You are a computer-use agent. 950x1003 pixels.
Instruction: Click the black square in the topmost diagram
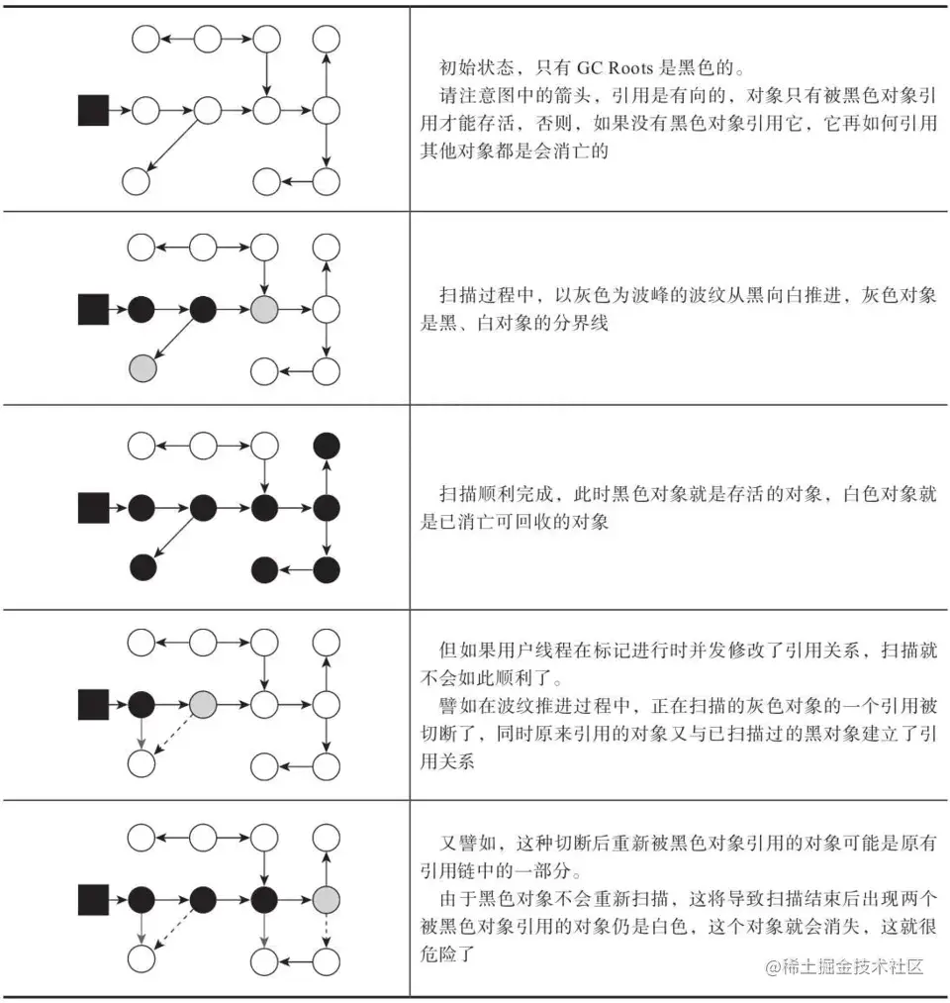[93, 111]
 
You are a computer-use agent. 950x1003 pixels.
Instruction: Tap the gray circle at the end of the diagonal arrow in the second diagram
[143, 367]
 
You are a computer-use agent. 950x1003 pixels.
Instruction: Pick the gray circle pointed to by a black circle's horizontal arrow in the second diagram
[265, 310]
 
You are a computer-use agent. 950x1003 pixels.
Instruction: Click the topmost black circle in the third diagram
[327, 446]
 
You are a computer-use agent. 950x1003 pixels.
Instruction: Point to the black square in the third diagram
[93, 508]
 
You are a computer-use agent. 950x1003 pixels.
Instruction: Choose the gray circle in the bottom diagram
[327, 900]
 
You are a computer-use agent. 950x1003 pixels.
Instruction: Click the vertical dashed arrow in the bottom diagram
[327, 931]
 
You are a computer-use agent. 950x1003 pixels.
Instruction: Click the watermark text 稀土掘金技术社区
[855, 966]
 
